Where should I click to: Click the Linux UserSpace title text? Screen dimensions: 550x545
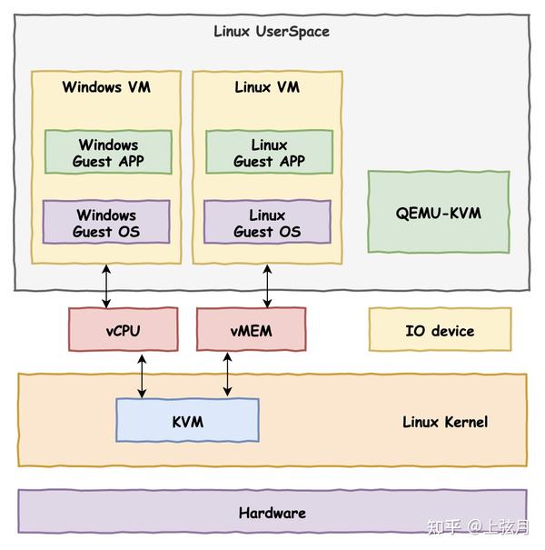[272, 32]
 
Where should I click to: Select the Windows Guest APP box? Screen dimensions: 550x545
[108, 153]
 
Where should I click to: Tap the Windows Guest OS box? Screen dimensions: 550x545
[106, 223]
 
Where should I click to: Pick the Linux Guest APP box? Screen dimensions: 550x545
[268, 153]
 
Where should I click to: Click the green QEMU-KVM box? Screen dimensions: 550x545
[439, 214]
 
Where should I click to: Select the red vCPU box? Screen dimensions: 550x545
[124, 331]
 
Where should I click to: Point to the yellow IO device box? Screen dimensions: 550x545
[440, 331]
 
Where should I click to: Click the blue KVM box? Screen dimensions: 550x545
[187, 422]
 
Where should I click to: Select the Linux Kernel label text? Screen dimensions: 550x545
[445, 422]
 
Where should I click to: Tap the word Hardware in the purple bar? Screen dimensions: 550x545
[272, 513]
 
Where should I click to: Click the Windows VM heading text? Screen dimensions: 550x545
[106, 87]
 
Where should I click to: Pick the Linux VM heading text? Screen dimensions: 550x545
[267, 87]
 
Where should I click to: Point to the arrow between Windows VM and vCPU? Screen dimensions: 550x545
[107, 285]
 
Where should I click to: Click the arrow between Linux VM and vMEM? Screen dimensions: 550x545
[268, 285]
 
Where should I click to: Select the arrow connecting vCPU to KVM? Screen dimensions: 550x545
[142, 375]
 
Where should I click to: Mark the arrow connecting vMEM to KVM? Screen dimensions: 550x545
[227, 375]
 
